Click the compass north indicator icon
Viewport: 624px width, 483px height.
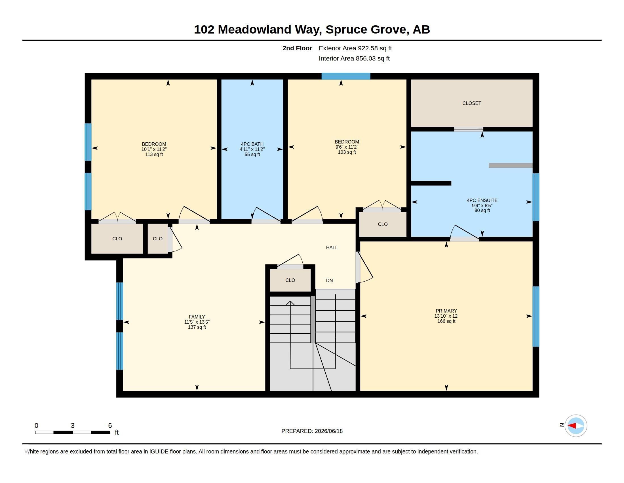[x=576, y=426]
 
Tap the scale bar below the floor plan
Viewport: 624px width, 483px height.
[x=73, y=432]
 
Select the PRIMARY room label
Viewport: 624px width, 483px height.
[x=446, y=311]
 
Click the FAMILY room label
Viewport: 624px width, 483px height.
[x=197, y=317]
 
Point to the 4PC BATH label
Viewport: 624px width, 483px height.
[x=252, y=144]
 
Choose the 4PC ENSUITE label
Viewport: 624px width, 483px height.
[x=482, y=200]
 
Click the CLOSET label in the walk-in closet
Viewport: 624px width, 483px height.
[x=472, y=103]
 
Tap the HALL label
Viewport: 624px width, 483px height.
[x=332, y=247]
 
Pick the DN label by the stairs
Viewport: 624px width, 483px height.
[x=329, y=280]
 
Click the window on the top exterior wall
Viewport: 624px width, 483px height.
[x=346, y=76]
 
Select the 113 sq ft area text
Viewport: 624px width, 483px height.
[x=154, y=155]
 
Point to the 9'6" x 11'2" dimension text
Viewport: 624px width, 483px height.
[x=347, y=147]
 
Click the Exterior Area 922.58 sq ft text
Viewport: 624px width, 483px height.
[x=355, y=48]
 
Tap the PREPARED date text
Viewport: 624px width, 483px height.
[x=312, y=431]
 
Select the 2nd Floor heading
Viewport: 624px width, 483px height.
[x=297, y=48]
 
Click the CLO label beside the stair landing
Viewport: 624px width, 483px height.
[x=290, y=280]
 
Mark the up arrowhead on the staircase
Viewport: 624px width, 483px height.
[x=290, y=303]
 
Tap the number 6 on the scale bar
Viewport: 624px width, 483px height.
[x=110, y=426]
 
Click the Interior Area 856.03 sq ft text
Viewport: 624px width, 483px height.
[x=354, y=58]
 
